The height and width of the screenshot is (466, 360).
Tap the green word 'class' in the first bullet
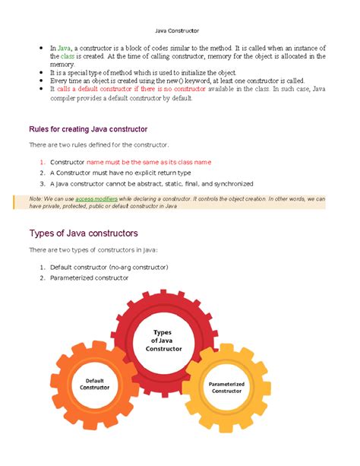pos(68,57)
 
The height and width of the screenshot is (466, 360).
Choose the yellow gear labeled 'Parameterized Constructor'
pos(227,388)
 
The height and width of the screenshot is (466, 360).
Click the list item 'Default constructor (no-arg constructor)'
pos(109,268)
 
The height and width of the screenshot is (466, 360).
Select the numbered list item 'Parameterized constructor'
pos(89,278)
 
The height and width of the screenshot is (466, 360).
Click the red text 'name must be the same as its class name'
pos(149,163)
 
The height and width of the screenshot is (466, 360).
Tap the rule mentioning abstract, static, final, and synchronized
pos(151,184)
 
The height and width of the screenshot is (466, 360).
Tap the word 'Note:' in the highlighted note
pos(36,198)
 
